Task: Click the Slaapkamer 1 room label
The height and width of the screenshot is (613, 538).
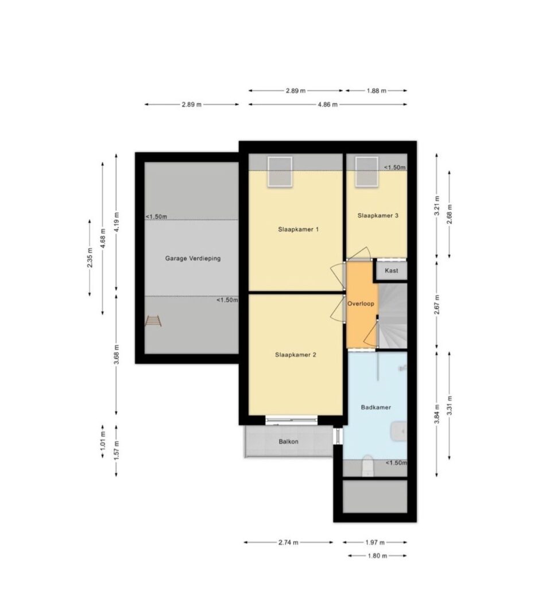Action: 298,229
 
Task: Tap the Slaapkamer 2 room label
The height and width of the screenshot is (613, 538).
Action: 295,355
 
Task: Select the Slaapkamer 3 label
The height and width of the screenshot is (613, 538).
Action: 378,215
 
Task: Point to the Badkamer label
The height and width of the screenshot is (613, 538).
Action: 376,407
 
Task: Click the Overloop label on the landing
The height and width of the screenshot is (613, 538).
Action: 361,304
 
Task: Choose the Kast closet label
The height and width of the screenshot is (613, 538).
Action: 392,271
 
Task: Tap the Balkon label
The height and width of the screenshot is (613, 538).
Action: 288,442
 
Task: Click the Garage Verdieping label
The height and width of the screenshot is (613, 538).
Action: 192,259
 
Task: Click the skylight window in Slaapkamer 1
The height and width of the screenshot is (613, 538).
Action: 280,172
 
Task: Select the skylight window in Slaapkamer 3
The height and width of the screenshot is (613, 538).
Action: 366,172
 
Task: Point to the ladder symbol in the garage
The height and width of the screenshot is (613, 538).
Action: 153,321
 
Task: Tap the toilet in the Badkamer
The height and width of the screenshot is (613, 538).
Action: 367,466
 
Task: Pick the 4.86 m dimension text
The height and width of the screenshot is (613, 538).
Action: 327,105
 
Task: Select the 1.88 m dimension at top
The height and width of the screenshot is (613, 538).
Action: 376,91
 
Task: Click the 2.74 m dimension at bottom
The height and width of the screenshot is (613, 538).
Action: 288,543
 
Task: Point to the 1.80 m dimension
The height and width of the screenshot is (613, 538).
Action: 377,556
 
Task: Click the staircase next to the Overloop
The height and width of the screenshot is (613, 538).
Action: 393,316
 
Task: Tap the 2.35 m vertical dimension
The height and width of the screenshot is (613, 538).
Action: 90,257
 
